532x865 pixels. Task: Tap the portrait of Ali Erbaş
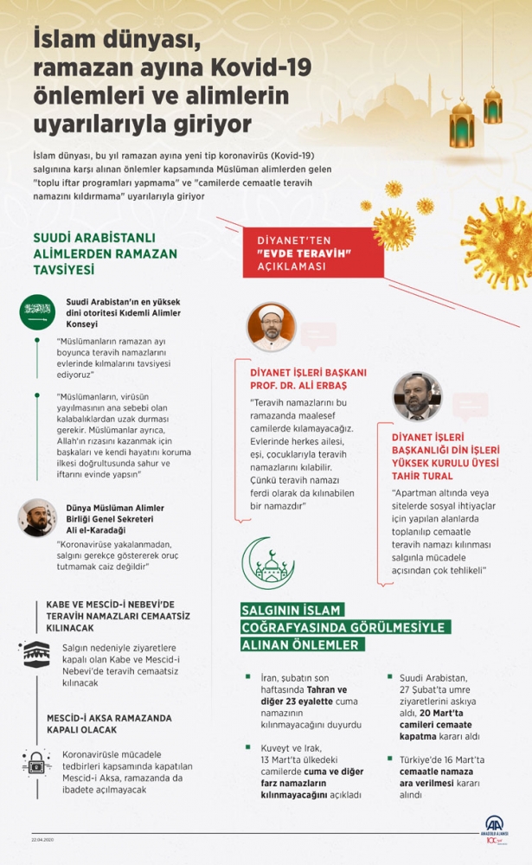point(270,326)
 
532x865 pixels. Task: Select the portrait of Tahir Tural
point(416,396)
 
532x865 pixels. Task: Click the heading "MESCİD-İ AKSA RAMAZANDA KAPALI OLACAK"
point(109,724)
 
